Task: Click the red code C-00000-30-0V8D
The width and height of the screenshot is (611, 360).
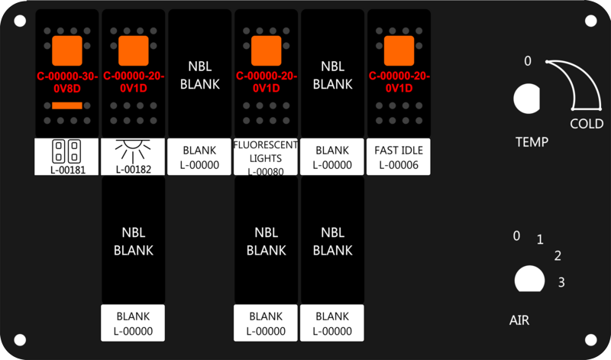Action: (67, 83)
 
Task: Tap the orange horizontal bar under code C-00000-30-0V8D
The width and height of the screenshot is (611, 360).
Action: (67, 105)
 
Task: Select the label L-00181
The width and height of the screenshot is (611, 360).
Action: (68, 170)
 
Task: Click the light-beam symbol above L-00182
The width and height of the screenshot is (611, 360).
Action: (133, 151)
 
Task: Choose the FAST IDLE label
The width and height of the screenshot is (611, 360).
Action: (399, 150)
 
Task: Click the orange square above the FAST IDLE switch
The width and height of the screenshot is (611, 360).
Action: (399, 50)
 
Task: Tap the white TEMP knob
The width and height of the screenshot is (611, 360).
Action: (526, 99)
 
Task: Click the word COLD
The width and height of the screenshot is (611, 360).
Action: (587, 124)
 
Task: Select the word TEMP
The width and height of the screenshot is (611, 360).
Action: (532, 142)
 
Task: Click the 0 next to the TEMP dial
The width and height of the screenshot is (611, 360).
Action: (528, 61)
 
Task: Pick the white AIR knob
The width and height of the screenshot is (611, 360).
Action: (529, 279)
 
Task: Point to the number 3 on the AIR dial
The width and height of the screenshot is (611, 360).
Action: (561, 282)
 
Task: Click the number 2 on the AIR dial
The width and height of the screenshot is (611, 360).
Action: (558, 255)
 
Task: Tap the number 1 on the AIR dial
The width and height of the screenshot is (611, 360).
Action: (540, 239)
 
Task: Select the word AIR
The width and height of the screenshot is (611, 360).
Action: (519, 320)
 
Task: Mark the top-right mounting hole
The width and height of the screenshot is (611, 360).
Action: (590, 21)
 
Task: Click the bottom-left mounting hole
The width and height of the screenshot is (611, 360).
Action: (20, 339)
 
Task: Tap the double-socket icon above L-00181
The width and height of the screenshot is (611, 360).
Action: (66, 151)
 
